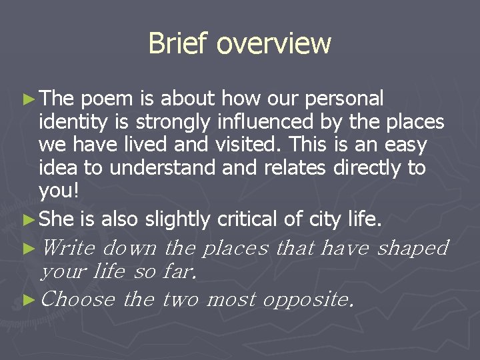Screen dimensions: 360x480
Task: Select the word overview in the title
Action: (x=274, y=43)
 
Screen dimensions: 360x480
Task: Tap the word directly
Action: (x=367, y=167)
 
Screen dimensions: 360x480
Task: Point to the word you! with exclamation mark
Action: (x=59, y=191)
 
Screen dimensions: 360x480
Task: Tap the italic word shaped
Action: (x=413, y=248)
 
